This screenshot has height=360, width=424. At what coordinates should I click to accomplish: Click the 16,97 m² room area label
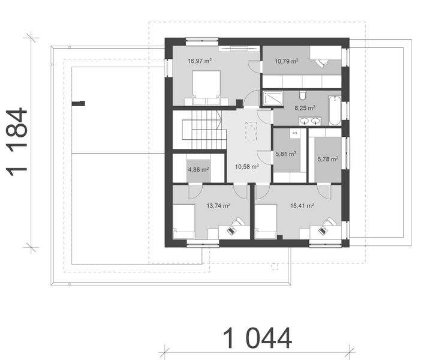pyautogui.click(x=200, y=61)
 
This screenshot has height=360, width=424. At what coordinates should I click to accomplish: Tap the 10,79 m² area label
pyautogui.click(x=287, y=61)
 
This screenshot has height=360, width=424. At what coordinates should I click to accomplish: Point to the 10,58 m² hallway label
pyautogui.click(x=246, y=166)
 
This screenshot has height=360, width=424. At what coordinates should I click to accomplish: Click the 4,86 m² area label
pyautogui.click(x=198, y=170)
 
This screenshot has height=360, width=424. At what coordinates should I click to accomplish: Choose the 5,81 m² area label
pyautogui.click(x=286, y=154)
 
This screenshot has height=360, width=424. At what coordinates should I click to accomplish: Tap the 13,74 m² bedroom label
pyautogui.click(x=218, y=205)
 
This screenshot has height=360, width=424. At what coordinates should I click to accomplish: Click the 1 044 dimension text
pyautogui.click(x=258, y=338)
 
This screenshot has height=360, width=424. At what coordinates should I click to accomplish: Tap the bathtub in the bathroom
pyautogui.click(x=335, y=110)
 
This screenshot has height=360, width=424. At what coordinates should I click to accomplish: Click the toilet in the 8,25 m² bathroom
pyautogui.click(x=303, y=95)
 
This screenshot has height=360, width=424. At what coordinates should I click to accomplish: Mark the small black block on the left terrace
pyautogui.click(x=79, y=103)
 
